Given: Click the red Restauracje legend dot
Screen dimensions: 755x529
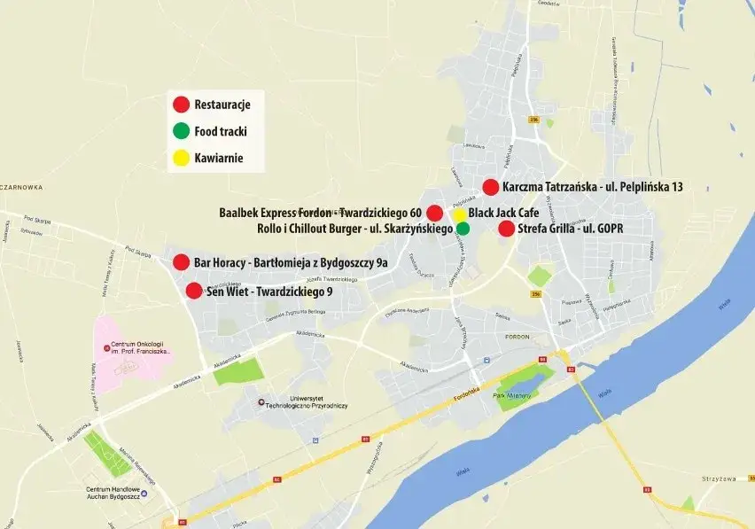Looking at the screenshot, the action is (x=181, y=105).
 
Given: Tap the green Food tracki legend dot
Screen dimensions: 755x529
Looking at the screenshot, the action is (x=181, y=132).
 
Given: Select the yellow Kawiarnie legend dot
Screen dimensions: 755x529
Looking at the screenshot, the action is (x=181, y=159).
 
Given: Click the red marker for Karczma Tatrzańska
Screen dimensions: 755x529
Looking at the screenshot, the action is (x=491, y=187).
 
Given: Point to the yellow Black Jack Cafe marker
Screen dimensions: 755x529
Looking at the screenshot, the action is (x=459, y=214).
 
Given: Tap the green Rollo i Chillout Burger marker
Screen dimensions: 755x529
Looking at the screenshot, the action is (x=463, y=229).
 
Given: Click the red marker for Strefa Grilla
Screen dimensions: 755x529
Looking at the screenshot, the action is (x=506, y=229).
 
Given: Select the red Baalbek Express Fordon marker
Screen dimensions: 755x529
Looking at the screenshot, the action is (x=435, y=213).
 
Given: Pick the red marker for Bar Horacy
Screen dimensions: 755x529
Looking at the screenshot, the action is (x=182, y=261).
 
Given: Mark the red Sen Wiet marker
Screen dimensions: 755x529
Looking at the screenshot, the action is (x=194, y=290).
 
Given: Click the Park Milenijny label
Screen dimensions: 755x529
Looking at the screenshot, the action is (x=510, y=395).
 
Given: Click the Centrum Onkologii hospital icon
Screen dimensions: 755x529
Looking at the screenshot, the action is (x=107, y=347).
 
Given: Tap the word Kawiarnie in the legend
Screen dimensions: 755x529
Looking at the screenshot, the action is (x=218, y=159).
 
